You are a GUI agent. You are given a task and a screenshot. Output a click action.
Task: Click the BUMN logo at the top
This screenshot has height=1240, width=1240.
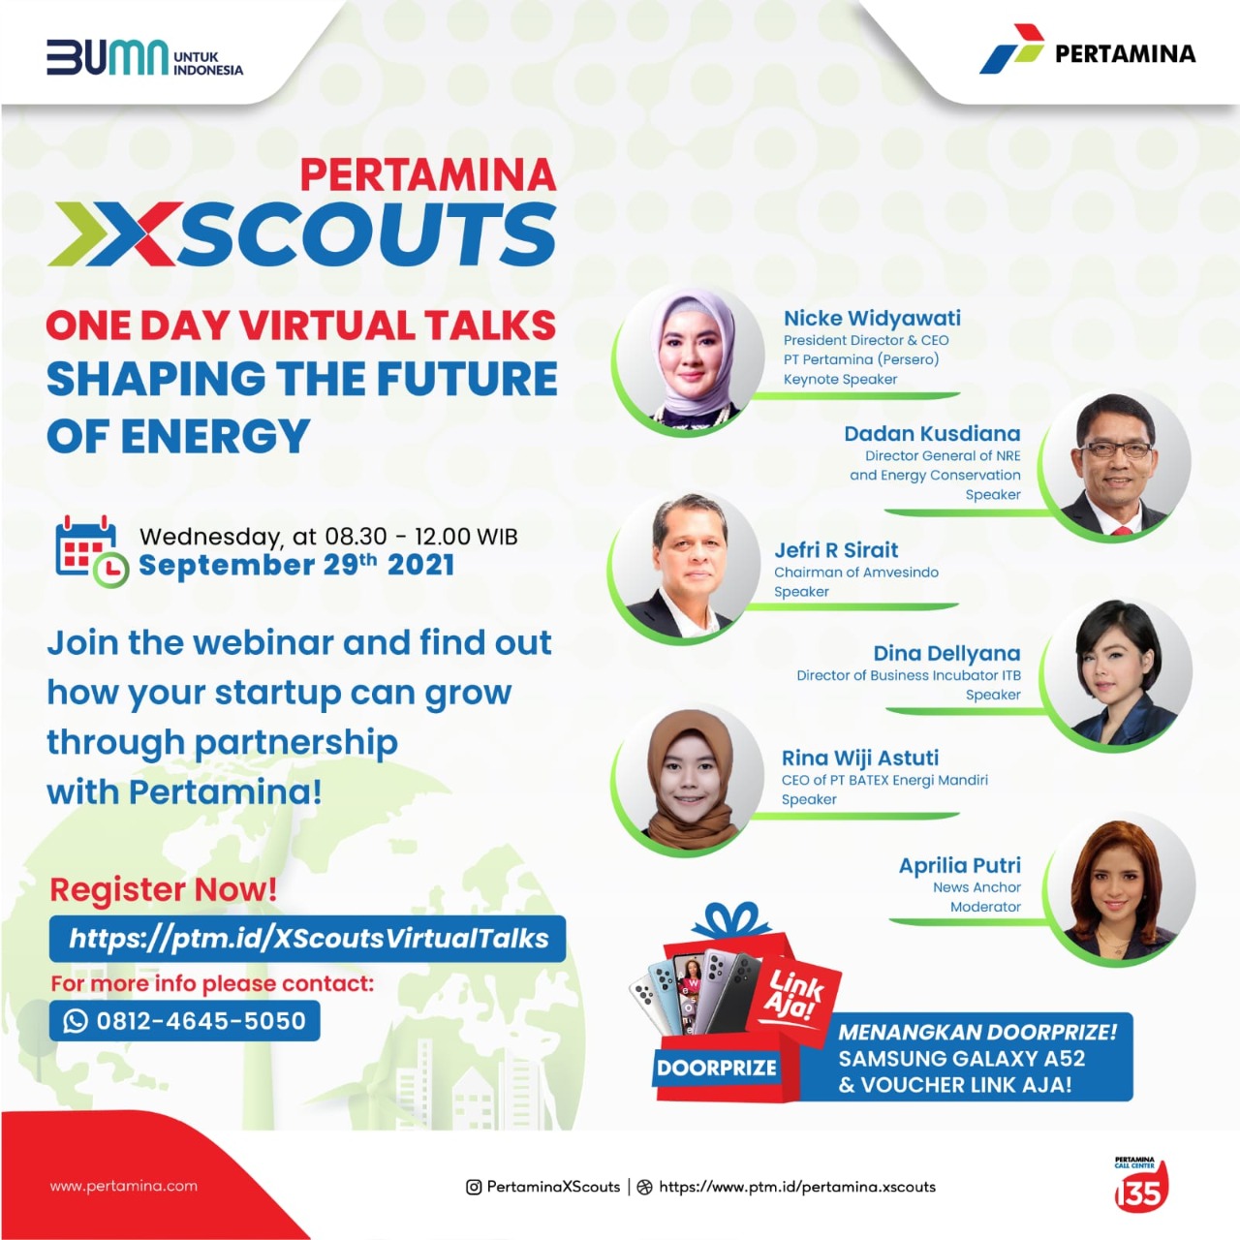pos(144,58)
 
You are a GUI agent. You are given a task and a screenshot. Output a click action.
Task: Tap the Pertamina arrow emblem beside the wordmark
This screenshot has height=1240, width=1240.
pos(1011,49)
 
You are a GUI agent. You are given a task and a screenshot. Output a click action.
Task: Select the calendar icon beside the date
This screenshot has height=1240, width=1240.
pos(91,551)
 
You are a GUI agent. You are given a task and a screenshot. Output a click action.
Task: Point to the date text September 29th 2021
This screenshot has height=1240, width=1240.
pos(296,565)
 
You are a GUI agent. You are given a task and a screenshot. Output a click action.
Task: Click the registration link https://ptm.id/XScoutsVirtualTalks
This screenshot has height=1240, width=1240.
pos(308,938)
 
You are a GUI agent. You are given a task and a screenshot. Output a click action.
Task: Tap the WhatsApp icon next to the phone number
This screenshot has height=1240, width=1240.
pos(76,1020)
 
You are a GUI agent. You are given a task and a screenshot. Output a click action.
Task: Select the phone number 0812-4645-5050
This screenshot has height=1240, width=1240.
pos(201,1021)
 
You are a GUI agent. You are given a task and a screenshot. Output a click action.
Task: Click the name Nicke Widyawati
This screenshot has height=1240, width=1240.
pos(872,318)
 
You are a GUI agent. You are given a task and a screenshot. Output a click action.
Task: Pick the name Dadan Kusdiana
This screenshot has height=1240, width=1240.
pos(932,433)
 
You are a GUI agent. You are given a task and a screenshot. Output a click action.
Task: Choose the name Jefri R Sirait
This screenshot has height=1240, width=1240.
pos(836,550)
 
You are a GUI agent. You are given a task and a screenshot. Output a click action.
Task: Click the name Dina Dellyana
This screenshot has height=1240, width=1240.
pos(947,653)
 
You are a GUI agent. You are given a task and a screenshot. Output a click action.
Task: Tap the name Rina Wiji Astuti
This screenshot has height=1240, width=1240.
pos(859,758)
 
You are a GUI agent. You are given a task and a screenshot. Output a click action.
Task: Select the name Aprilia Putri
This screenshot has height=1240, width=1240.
pos(959,865)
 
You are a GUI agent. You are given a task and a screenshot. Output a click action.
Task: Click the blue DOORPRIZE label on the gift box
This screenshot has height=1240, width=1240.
pos(716,1068)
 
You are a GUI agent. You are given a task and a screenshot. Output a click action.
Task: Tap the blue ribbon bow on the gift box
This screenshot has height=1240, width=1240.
pos(731,920)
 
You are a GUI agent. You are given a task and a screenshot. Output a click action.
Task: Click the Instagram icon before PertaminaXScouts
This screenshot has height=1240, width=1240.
pos(474,1188)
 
